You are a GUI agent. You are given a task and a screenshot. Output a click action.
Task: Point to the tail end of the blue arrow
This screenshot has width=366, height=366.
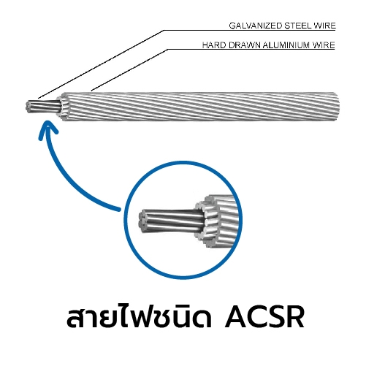click(x=119, y=209)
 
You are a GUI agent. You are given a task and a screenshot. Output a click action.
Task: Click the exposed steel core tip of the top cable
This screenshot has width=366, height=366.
click(x=28, y=107)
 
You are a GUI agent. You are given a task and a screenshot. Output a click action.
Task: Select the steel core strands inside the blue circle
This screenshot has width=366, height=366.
click(x=171, y=221)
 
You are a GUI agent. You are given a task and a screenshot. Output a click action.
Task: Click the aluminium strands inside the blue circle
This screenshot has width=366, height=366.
click(x=218, y=221)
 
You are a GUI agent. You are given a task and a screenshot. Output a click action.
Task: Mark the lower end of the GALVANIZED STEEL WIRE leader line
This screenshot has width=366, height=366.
click(x=39, y=98)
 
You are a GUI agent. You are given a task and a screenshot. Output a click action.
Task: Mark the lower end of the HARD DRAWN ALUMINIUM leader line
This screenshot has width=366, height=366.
click(x=91, y=91)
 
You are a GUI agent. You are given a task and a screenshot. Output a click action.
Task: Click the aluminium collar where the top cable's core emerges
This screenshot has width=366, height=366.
click(x=63, y=107)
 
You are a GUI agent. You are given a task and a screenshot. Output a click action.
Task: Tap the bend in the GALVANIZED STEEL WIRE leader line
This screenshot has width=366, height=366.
click(x=164, y=31)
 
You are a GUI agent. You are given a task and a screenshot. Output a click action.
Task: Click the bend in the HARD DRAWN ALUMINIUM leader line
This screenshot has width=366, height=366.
click(x=168, y=50)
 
